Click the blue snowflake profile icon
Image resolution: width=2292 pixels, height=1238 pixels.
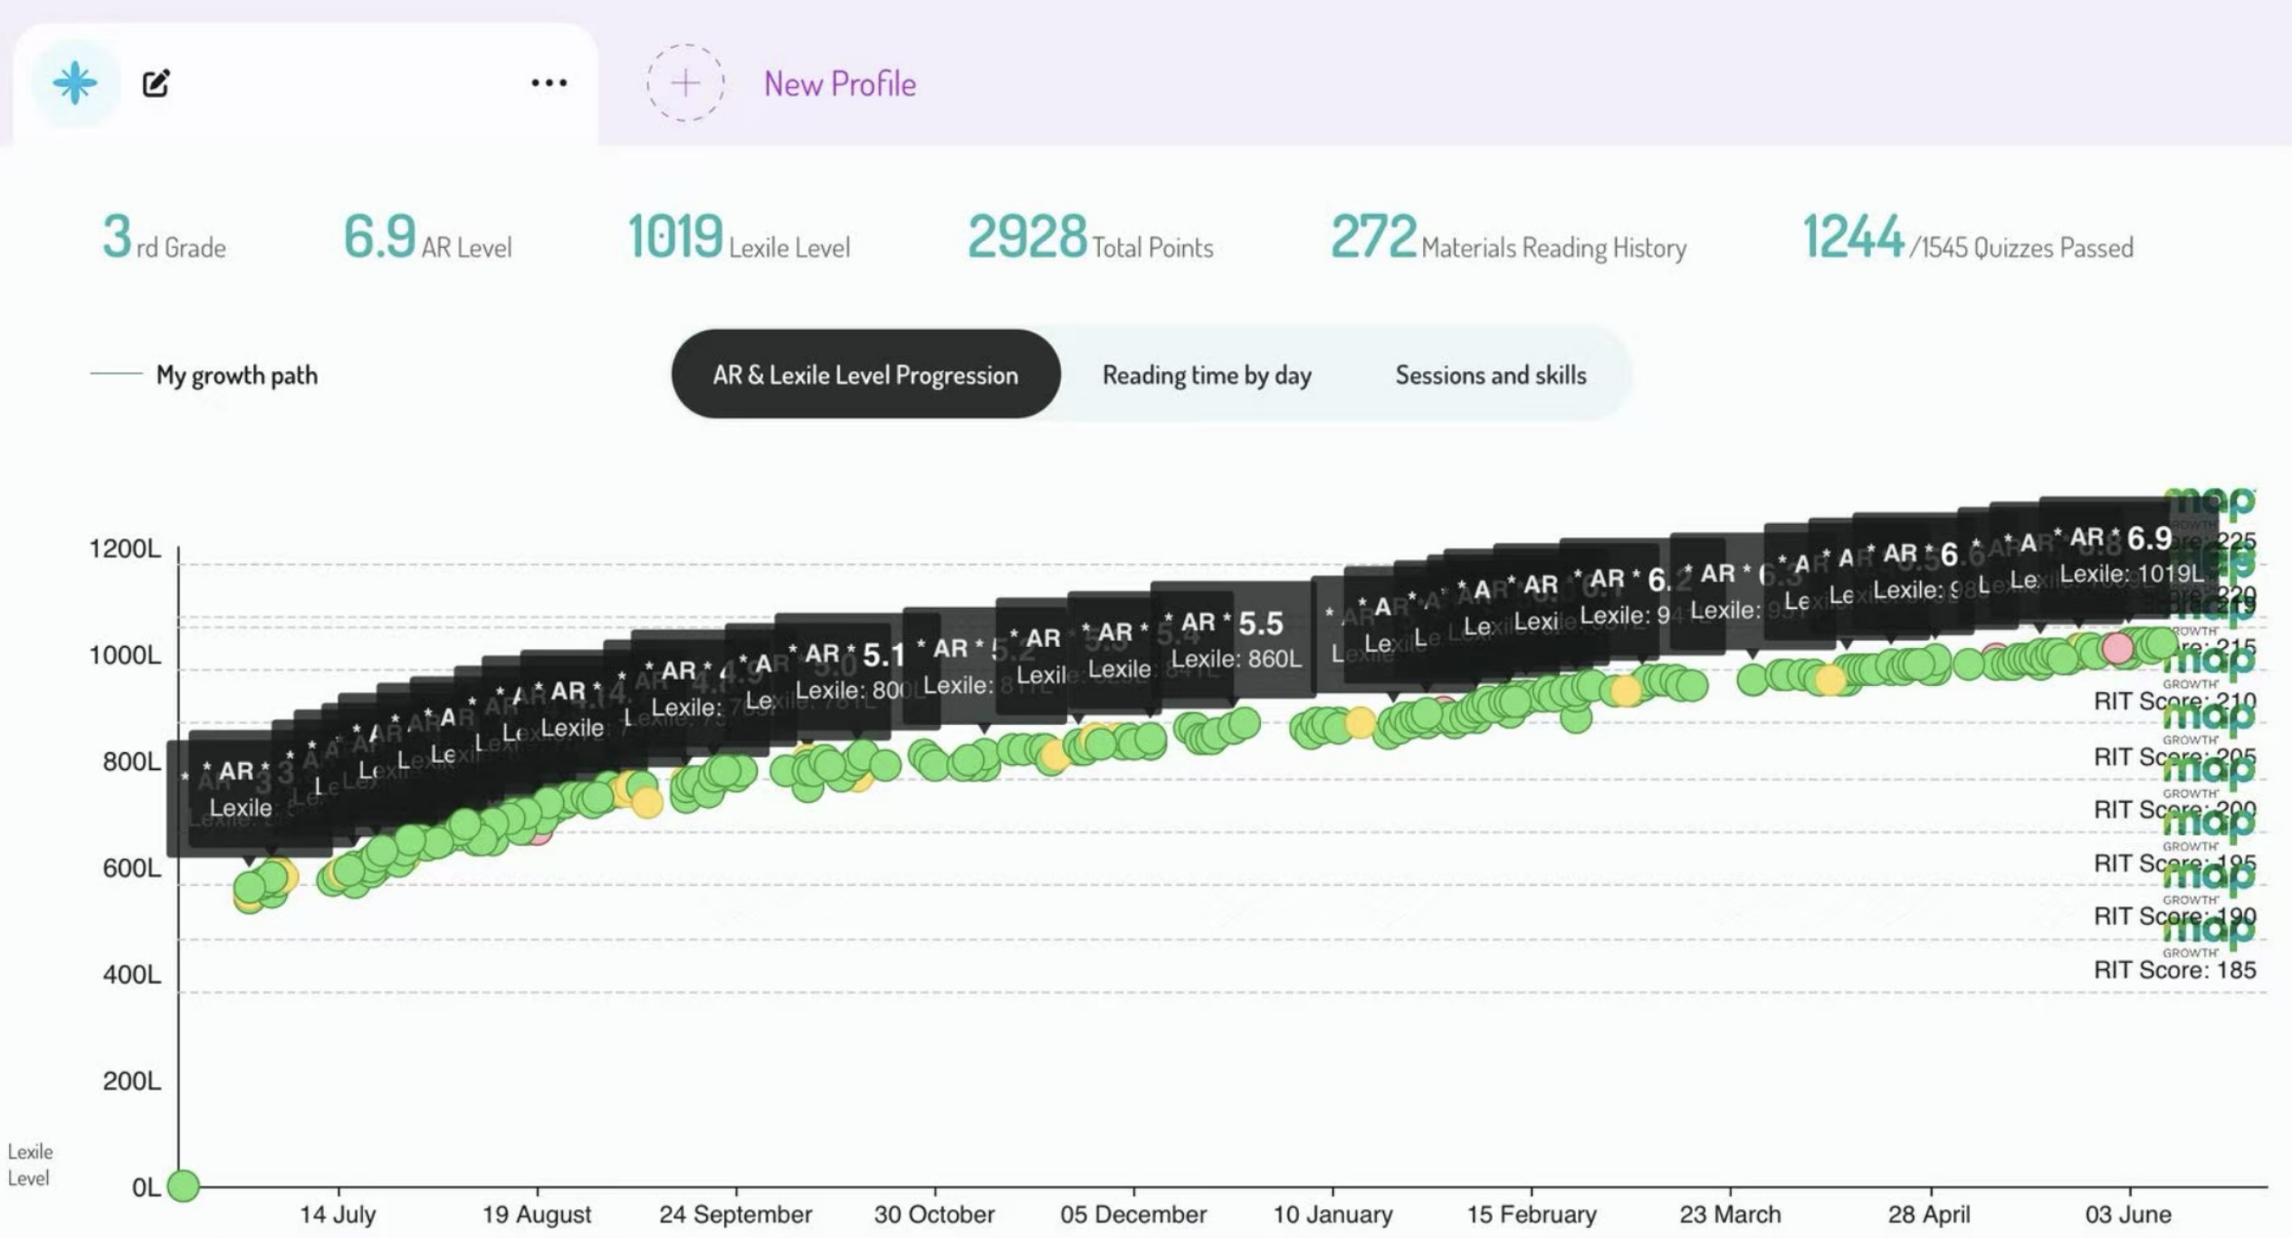pyautogui.click(x=74, y=82)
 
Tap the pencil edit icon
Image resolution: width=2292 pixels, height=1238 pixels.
pyautogui.click(x=156, y=83)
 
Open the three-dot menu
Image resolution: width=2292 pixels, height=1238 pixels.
pyautogui.click(x=549, y=83)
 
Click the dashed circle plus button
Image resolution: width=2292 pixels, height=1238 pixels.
pyautogui.click(x=685, y=83)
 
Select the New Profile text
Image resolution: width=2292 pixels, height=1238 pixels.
pyautogui.click(x=839, y=84)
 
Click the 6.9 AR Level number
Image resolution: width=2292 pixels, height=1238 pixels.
pyautogui.click(x=379, y=237)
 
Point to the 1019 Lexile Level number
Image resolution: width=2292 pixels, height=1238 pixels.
pyautogui.click(x=675, y=237)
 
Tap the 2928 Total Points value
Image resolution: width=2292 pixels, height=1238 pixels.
pyautogui.click(x=1027, y=237)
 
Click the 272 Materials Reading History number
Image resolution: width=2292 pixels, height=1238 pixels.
pyautogui.click(x=1372, y=237)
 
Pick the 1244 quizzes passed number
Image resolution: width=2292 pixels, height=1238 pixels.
pyautogui.click(x=1853, y=237)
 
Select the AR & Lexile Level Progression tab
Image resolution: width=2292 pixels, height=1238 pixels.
pyautogui.click(x=865, y=375)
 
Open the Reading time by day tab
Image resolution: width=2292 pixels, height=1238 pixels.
pyautogui.click(x=1206, y=375)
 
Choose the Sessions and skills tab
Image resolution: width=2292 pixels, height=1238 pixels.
pyautogui.click(x=1490, y=375)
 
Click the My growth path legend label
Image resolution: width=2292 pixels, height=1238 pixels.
pyautogui.click(x=236, y=375)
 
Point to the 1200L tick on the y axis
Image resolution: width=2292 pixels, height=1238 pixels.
pyautogui.click(x=125, y=549)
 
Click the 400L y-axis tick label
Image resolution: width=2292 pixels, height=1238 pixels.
pyautogui.click(x=131, y=975)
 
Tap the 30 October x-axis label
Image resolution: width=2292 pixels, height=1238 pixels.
pyautogui.click(x=934, y=1214)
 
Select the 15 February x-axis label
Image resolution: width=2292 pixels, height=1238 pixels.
pyautogui.click(x=1532, y=1214)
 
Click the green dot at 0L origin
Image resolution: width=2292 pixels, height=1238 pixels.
pyautogui.click(x=183, y=1185)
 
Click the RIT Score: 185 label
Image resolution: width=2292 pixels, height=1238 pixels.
pyautogui.click(x=2174, y=970)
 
